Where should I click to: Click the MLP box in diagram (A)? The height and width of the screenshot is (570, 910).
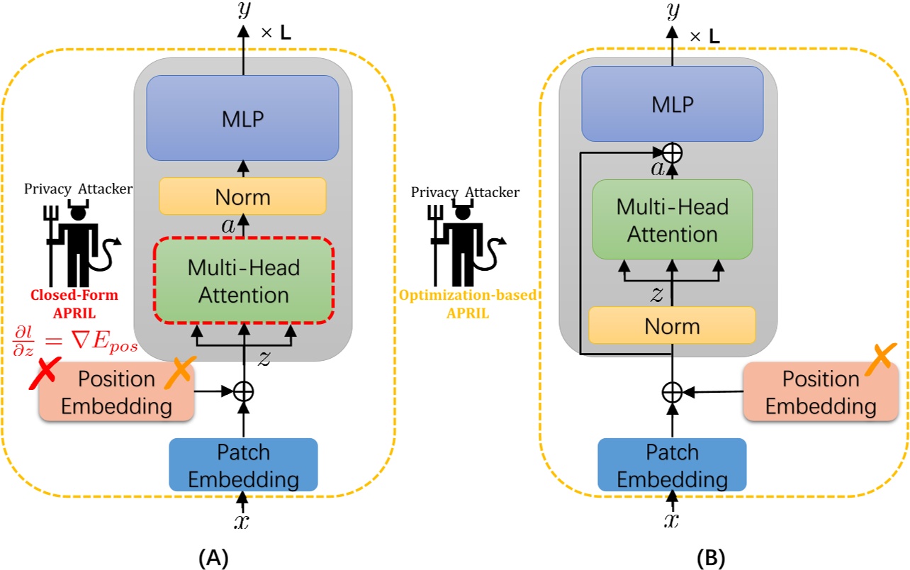243,118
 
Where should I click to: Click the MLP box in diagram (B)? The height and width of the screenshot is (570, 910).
672,104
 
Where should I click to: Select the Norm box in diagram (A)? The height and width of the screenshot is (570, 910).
242,196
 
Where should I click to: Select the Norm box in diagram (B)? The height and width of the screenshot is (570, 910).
672,325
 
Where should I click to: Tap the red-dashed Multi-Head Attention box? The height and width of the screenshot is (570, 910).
244,281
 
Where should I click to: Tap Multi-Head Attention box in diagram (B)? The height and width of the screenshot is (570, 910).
672,220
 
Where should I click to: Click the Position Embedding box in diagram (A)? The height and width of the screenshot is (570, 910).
116,392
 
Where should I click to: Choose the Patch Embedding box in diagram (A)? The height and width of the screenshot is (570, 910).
243,465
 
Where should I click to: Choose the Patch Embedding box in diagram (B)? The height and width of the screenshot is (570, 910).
672,465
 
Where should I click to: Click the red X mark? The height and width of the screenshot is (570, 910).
43,374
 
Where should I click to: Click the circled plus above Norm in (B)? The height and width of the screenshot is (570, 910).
672,151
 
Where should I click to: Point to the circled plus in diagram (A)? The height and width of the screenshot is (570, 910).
243,391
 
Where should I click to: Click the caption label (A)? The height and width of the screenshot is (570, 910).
213,558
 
